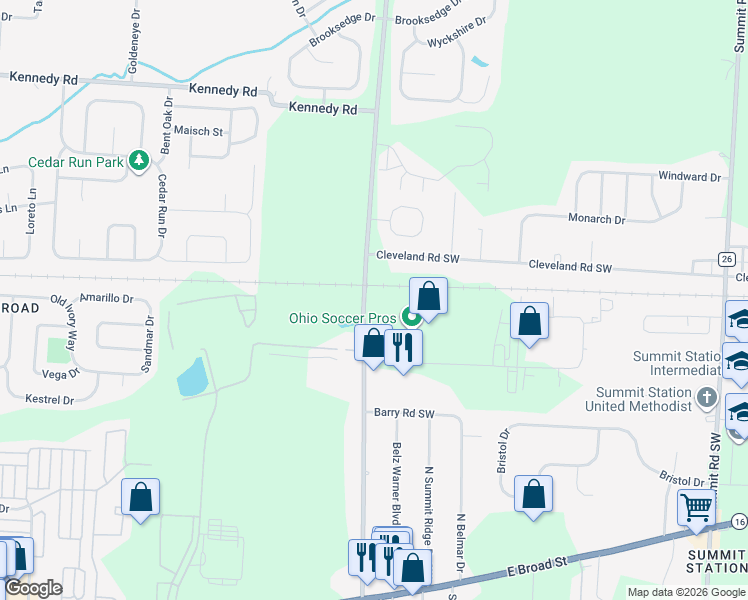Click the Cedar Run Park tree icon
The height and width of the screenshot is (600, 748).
[140, 161]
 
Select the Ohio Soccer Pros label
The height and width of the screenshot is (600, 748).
[343, 318]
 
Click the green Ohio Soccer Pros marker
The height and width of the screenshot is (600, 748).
[410, 318]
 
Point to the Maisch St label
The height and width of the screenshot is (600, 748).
[198, 131]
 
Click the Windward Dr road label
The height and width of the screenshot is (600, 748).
[689, 177]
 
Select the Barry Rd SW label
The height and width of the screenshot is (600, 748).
[404, 413]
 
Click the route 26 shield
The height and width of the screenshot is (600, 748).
[726, 259]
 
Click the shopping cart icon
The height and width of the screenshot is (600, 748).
[695, 507]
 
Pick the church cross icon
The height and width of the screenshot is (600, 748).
[707, 398]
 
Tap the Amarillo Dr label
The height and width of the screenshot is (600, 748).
[106, 298]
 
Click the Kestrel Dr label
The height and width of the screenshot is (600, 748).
[48, 400]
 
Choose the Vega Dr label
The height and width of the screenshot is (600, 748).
[60, 373]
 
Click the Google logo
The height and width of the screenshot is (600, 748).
[33, 588]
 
